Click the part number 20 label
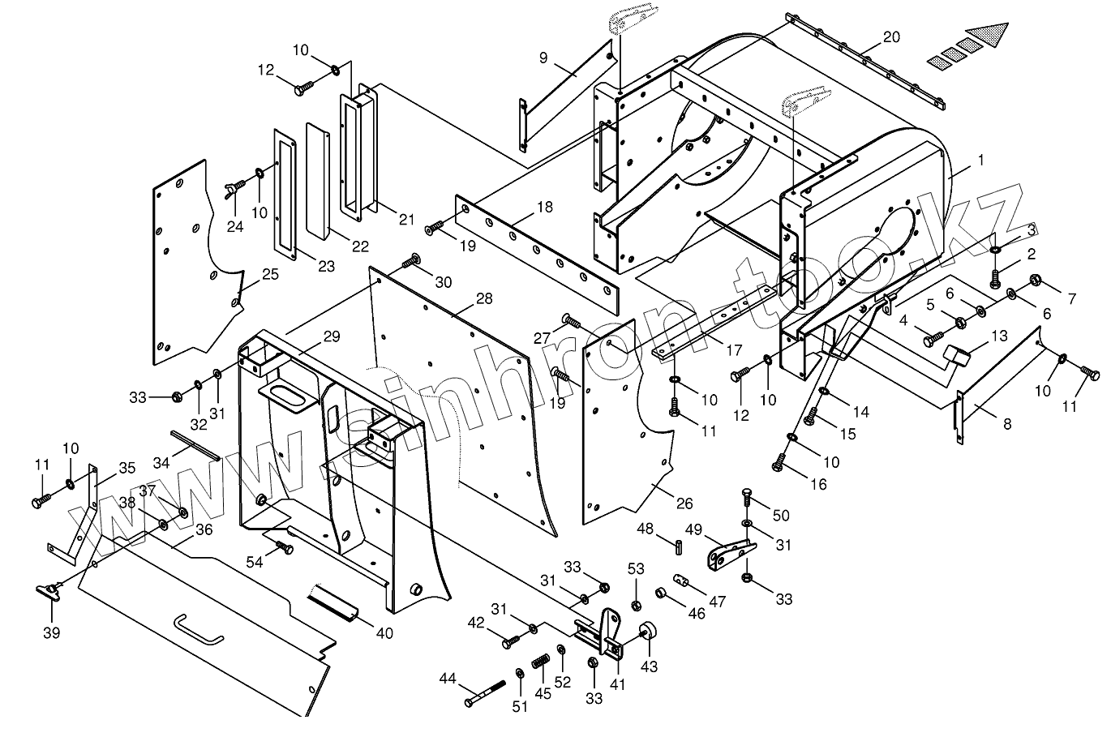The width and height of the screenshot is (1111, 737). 891,37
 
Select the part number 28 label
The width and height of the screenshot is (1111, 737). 484,299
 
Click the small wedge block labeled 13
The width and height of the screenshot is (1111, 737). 958,354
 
